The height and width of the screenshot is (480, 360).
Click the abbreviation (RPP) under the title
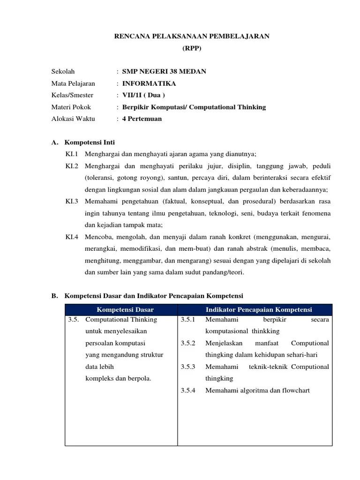tap(192, 48)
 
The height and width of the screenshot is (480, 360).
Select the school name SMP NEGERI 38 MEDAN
tap(164, 72)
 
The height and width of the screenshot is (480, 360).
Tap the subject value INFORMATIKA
tap(149, 83)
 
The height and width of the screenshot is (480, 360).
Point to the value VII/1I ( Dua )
tap(143, 95)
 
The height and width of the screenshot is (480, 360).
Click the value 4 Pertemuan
tap(142, 119)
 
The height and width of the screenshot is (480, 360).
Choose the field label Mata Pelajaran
tap(73, 83)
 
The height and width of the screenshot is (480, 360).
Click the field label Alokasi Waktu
tap(73, 119)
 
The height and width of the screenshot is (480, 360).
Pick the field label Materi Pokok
tap(71, 107)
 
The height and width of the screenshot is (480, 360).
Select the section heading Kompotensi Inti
tap(90, 142)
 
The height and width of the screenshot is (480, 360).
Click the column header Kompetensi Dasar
tap(125, 310)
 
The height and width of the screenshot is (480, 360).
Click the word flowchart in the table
tap(294, 390)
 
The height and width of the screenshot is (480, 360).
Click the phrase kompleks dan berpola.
tap(118, 378)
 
